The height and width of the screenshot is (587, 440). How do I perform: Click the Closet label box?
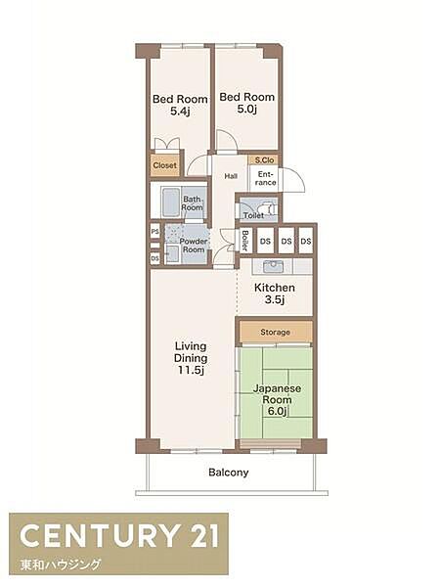tap(164, 165)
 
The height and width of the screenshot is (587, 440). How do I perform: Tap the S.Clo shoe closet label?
tap(264, 159)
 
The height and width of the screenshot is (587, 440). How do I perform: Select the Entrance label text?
tap(265, 179)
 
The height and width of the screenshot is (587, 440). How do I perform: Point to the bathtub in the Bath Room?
tap(171, 202)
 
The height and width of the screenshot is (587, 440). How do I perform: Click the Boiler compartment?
tap(245, 241)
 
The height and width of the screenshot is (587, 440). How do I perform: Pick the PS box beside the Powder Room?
tap(154, 232)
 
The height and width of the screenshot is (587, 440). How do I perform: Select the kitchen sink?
tap(273, 267)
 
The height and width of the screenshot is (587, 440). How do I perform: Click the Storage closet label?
tap(276, 332)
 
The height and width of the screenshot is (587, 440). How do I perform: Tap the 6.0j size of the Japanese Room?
tap(277, 411)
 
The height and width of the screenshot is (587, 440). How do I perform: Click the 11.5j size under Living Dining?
tap(191, 370)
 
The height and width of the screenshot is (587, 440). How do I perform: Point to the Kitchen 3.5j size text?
tap(275, 299)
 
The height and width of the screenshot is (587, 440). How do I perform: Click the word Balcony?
tap(228, 473)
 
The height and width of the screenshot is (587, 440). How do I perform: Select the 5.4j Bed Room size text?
tap(180, 111)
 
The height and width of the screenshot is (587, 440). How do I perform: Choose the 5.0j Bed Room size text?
tap(247, 109)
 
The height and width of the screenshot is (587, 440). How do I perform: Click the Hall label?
tap(231, 175)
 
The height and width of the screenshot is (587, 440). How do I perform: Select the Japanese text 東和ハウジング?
tap(61, 564)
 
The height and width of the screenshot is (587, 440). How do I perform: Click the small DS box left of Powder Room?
tap(154, 258)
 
